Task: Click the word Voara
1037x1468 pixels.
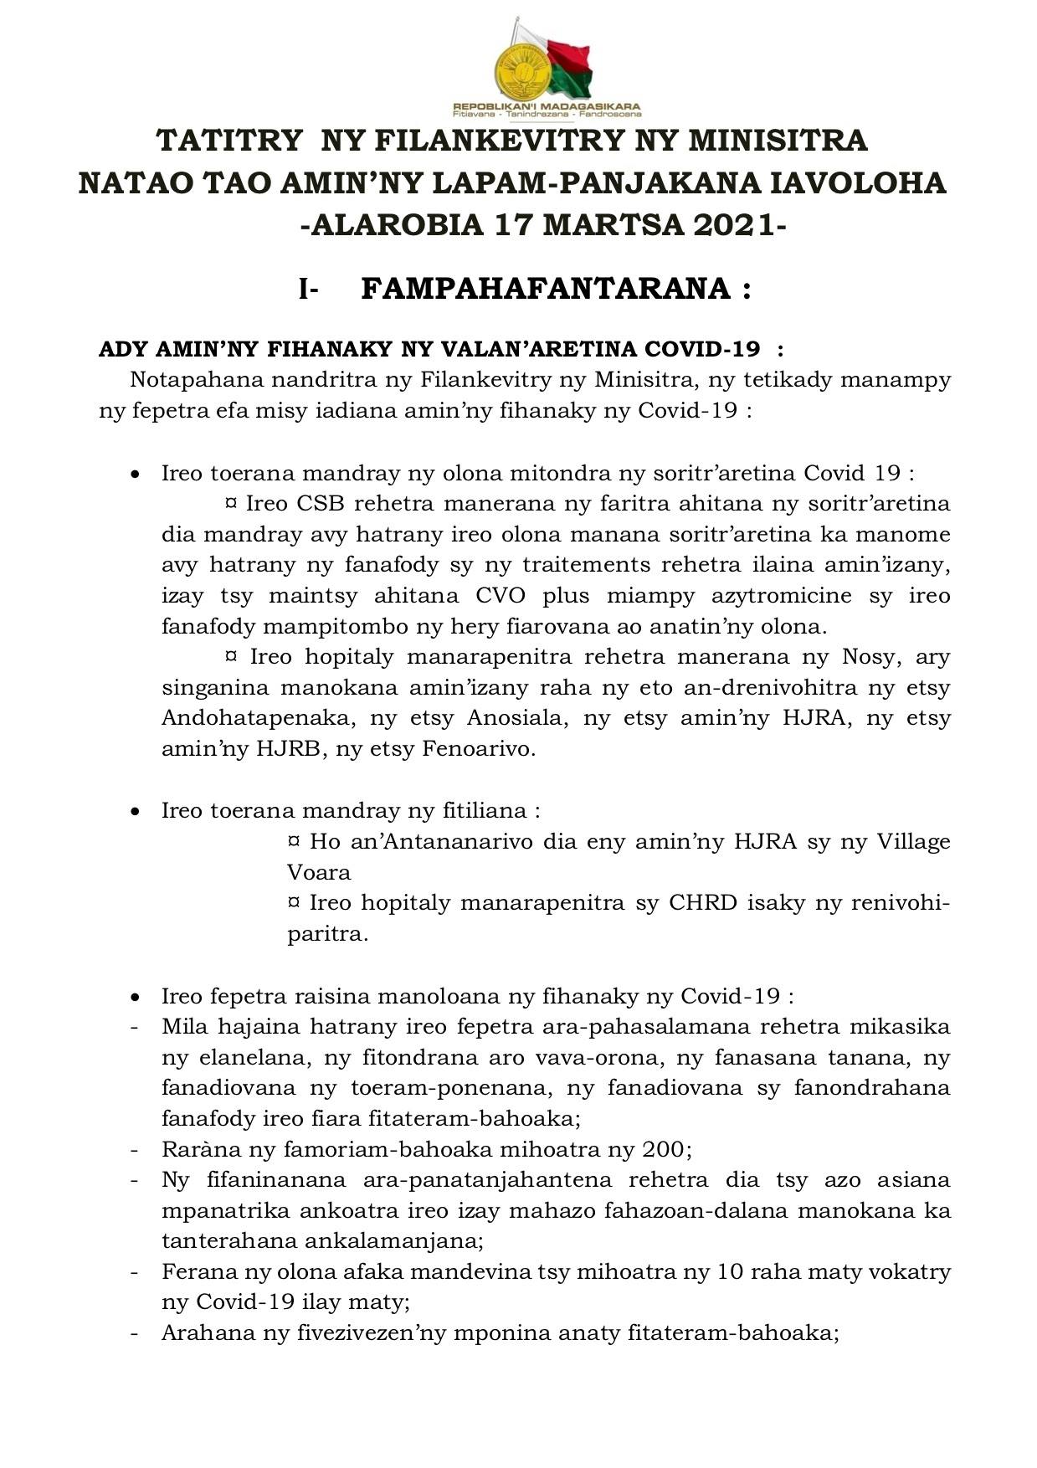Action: coord(319,872)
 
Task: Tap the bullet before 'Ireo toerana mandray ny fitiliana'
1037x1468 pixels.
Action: coord(135,812)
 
